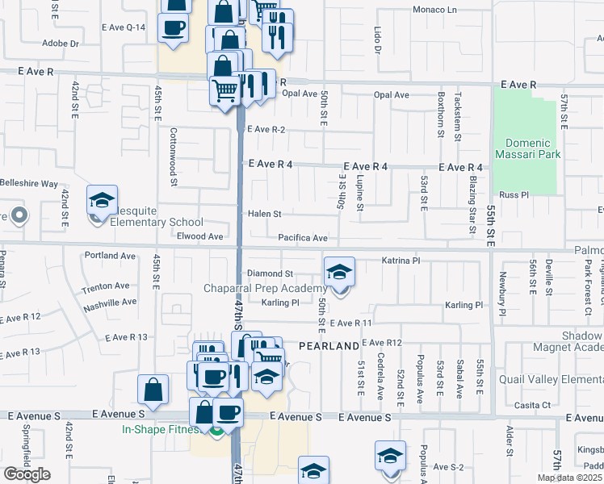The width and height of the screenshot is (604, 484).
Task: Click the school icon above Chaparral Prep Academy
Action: click(339, 273)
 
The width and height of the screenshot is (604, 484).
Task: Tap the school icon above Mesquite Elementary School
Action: click(102, 202)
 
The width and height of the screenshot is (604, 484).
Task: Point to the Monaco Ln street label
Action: click(434, 10)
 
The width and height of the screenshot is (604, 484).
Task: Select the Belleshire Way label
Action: click(29, 184)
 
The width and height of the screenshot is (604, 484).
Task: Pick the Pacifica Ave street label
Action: click(303, 238)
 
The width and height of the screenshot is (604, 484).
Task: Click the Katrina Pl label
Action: click(401, 261)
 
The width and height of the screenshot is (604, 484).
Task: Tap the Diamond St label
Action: click(270, 274)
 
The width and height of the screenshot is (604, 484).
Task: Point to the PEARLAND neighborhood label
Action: click(329, 346)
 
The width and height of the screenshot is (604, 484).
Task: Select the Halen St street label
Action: click(264, 214)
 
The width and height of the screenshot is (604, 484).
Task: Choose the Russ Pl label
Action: click(514, 195)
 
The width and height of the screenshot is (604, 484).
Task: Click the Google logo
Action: click(27, 474)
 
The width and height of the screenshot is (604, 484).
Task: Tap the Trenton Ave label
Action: click(105, 286)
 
